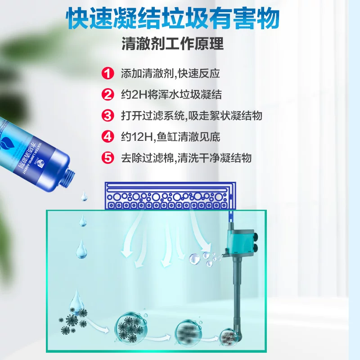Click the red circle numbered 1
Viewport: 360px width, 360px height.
[108, 73]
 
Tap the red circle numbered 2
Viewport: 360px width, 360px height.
[108, 94]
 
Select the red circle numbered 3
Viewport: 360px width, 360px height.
[108, 116]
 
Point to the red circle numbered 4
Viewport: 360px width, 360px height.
[108, 137]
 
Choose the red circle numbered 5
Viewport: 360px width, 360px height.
[108, 158]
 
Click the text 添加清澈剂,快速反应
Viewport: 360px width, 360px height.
[170, 73]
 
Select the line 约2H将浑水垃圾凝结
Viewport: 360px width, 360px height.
[171, 94]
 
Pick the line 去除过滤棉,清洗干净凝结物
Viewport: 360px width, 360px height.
[186, 158]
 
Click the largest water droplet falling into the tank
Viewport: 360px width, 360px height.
[81, 247]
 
